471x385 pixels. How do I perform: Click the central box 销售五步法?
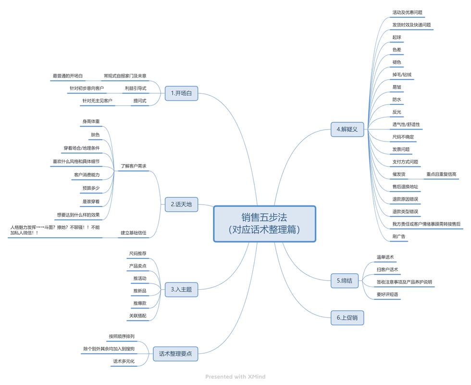click(264, 224)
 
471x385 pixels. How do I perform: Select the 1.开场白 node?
click(181, 93)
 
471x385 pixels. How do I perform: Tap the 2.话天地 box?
click(181, 204)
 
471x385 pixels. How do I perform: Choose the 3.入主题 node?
click(181, 290)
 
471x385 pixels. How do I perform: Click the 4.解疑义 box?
click(347, 129)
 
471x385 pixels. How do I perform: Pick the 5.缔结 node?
click(344, 281)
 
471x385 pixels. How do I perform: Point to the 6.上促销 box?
click(347, 318)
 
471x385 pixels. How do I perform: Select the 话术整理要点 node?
click(175, 354)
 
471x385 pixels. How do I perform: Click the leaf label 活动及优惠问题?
click(407, 13)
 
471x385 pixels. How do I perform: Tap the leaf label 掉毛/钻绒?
click(402, 75)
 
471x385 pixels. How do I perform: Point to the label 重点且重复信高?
click(441, 174)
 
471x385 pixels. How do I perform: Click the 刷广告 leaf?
click(399, 236)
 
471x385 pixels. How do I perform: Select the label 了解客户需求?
click(133, 166)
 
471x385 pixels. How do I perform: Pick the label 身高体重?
click(91, 122)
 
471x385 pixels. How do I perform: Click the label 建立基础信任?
click(133, 233)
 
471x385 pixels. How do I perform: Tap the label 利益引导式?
click(136, 88)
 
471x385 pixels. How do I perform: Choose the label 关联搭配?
click(137, 316)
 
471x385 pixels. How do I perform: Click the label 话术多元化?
click(124, 361)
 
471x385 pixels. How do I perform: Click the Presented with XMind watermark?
click(235, 377)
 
